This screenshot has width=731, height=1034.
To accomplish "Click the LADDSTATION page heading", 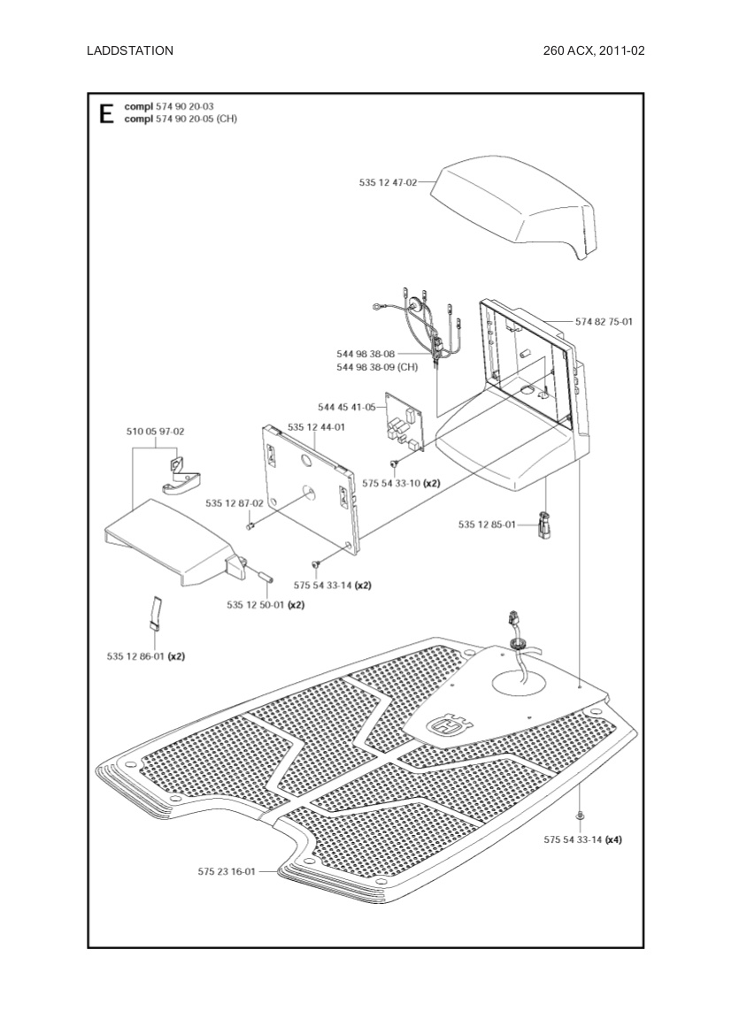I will [x=130, y=50].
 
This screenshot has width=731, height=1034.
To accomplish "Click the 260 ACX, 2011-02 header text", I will [x=594, y=50].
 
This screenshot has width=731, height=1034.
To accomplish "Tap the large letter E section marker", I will [x=107, y=113].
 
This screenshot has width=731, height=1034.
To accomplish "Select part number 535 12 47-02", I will [x=388, y=182].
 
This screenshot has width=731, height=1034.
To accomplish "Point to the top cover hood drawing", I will [x=513, y=208].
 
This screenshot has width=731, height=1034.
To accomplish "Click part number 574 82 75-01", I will [x=604, y=322].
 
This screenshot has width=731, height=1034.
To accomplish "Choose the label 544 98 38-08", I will [x=365, y=354].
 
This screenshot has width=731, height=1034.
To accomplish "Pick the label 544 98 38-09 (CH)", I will [x=377, y=367].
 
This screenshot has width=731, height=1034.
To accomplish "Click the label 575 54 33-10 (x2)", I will [x=401, y=484].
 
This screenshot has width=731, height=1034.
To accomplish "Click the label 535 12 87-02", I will [x=235, y=503].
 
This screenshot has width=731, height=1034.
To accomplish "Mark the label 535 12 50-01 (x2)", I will [x=265, y=605].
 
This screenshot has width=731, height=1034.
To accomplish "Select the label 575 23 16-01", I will [x=227, y=871].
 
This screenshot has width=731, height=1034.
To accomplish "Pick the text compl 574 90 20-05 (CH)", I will [x=181, y=118].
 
